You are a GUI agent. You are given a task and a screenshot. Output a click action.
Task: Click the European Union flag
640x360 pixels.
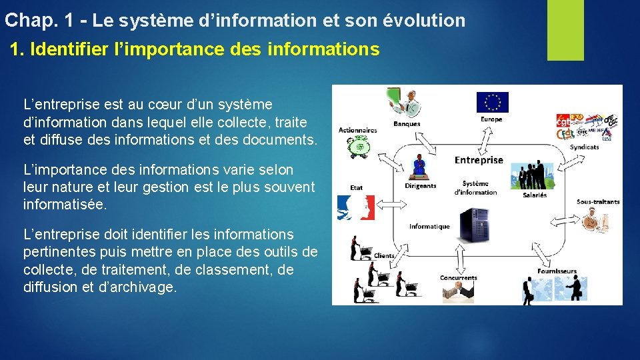point(492,102)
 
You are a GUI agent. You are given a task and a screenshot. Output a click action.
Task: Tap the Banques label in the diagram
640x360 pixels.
point(407,123)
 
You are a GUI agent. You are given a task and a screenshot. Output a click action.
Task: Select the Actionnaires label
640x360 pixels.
point(357,130)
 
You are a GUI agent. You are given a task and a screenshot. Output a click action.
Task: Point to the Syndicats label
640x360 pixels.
point(585,147)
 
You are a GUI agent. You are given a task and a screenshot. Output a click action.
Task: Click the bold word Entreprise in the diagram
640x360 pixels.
point(479,160)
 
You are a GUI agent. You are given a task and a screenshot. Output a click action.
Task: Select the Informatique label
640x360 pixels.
point(429,226)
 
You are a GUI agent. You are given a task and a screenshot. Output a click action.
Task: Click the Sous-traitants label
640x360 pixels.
point(598,201)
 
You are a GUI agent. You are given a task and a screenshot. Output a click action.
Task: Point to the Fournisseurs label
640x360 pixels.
point(557,271)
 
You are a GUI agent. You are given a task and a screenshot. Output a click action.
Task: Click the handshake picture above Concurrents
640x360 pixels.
point(459,290)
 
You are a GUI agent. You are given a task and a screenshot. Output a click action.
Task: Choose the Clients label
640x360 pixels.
point(385,255)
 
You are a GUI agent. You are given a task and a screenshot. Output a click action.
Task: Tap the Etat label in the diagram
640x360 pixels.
point(357,188)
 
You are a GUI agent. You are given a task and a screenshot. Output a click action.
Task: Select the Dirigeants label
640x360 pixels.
point(420,186)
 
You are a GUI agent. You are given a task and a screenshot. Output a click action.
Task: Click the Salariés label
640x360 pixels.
point(535,195)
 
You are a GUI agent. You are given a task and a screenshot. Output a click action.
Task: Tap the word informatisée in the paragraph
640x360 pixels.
point(65,205)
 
